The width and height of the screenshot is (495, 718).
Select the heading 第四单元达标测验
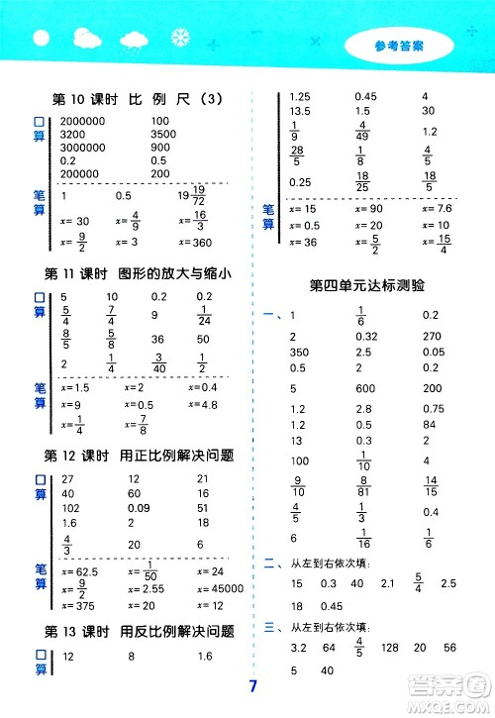pyautogui.click(x=366, y=285)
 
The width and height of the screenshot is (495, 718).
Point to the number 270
pyautogui.click(x=433, y=336)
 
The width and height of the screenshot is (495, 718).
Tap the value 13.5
pyautogui.click(x=299, y=111)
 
